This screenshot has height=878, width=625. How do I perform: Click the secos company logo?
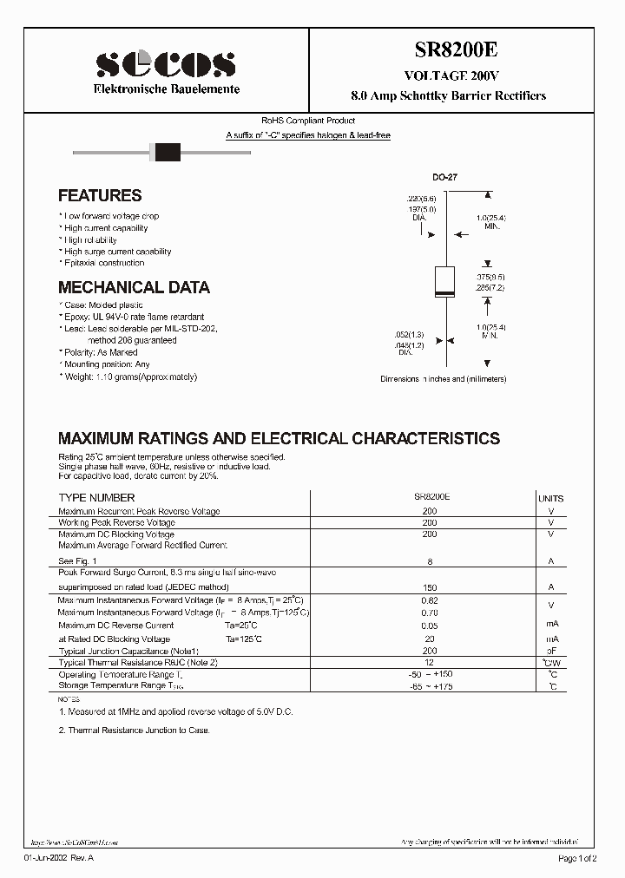(165, 64)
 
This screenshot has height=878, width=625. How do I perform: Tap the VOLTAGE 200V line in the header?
(449, 75)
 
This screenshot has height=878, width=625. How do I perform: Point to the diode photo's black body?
(166, 153)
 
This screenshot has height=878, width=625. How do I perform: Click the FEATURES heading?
(100, 196)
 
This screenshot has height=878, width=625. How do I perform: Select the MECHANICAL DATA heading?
(134, 287)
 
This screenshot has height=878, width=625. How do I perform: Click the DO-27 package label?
(444, 177)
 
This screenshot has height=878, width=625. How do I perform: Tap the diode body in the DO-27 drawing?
(444, 284)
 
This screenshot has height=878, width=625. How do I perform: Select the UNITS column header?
(550, 499)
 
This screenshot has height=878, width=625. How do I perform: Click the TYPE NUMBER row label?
(96, 498)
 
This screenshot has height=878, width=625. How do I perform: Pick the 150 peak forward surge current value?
(430, 587)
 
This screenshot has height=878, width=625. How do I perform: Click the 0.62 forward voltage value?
(430, 600)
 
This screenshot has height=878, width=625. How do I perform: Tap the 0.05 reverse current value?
(430, 625)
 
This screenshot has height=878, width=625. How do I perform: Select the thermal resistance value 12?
(430, 662)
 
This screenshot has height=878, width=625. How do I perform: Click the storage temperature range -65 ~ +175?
(430, 686)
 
